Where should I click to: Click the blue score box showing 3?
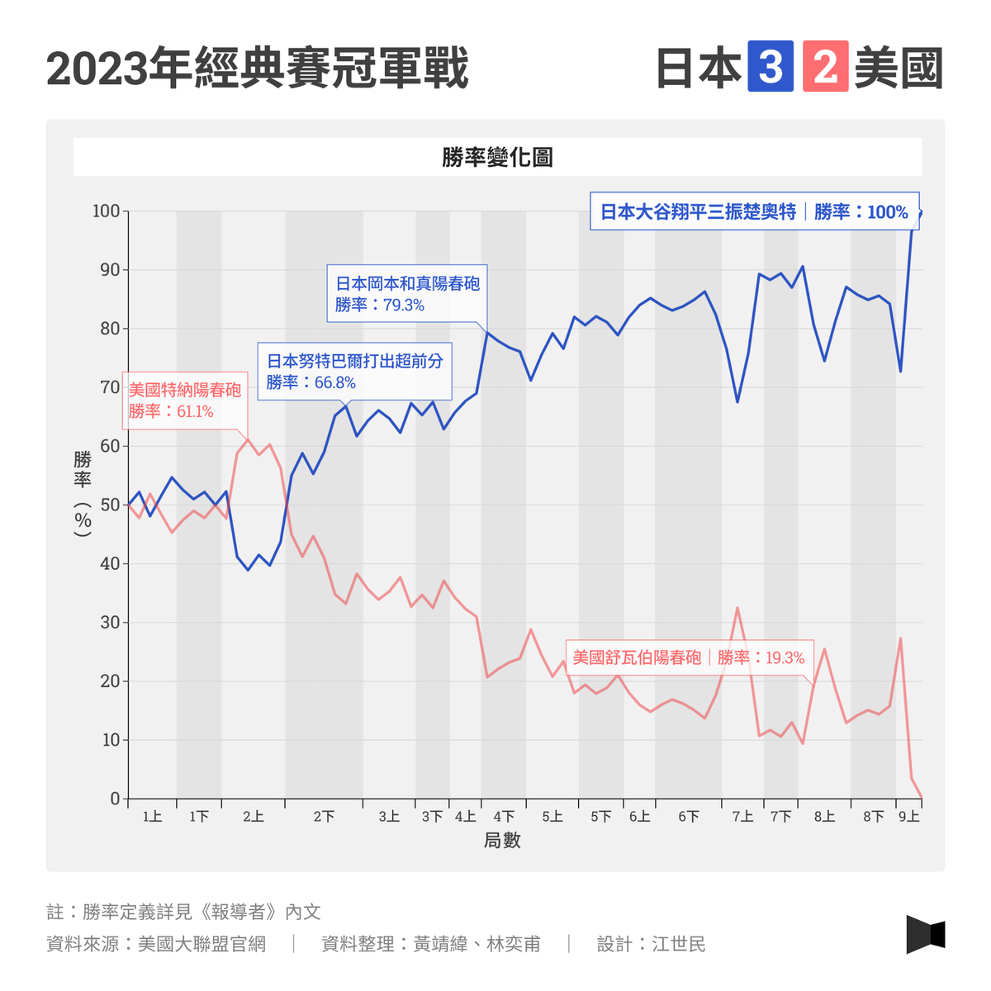coord(770,67)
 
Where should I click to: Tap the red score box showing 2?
coord(825,67)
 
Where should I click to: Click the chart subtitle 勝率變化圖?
coord(497,157)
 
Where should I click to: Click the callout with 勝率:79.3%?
coord(407,294)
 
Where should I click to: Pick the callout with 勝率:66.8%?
coord(354,371)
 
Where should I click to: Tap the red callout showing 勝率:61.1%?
coord(184,401)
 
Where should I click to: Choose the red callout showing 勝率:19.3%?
coord(689,657)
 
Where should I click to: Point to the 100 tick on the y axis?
coord(106,211)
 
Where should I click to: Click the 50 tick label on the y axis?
coord(110,505)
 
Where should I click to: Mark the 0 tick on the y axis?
coord(115,799)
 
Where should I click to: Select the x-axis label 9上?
coord(908,817)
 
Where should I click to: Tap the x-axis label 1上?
coord(152,817)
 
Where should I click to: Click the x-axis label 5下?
coord(600,817)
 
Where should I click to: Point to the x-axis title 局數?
coord(502,841)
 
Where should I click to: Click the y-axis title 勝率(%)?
coord(83,494)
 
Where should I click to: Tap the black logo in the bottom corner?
coord(925,934)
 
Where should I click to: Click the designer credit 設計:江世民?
coord(651,944)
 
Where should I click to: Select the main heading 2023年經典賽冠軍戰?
coord(258,68)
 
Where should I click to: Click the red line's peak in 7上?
coord(737,608)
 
